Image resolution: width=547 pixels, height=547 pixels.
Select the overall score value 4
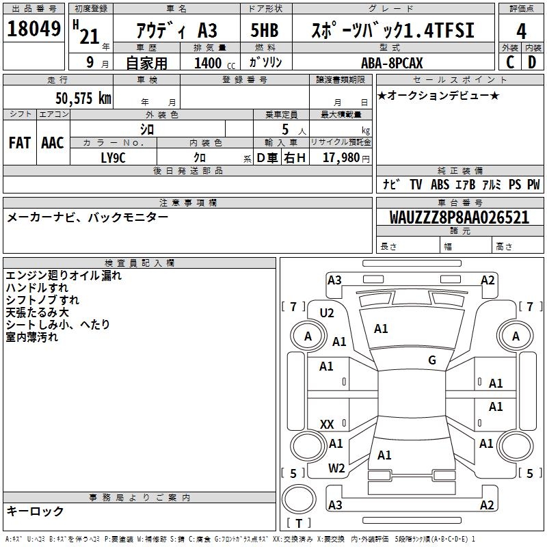tap(522, 31)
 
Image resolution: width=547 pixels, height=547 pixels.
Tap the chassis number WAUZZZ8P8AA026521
tap(459, 217)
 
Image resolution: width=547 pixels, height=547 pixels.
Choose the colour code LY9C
tap(113, 157)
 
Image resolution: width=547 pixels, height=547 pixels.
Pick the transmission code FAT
tap(20, 143)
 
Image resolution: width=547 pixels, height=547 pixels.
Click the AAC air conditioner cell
tap(53, 143)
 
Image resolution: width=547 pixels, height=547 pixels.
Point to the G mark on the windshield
tap(432, 360)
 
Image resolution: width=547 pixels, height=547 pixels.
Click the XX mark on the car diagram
tap(327, 425)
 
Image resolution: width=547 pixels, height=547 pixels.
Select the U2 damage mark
tap(327, 312)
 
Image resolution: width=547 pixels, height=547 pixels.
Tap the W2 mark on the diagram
tap(336, 468)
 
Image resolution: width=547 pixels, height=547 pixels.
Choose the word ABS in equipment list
tap(440, 185)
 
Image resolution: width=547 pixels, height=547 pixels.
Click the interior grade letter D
tap(531, 63)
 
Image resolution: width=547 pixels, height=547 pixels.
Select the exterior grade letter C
tap(510, 63)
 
